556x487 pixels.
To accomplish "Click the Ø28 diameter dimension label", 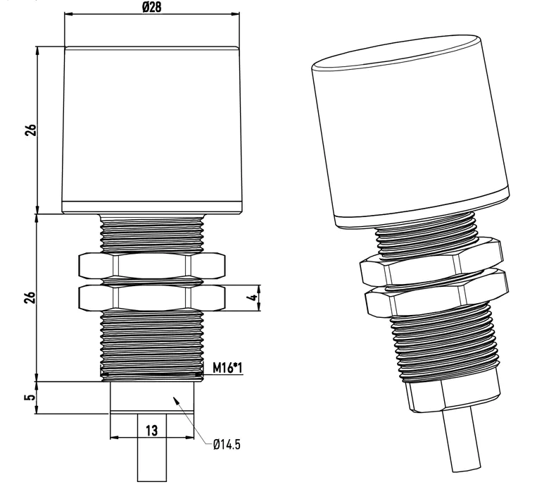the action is (x=152, y=6).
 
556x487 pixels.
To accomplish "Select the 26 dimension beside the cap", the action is (x=31, y=130).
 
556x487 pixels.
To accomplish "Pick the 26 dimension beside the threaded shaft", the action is (x=31, y=297).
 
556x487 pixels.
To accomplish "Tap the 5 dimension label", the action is (x=31, y=397).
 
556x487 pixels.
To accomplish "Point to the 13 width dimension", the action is (x=152, y=431).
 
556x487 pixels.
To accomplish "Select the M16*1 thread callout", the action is (x=227, y=368).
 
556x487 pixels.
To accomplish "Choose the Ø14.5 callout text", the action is (x=227, y=445).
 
